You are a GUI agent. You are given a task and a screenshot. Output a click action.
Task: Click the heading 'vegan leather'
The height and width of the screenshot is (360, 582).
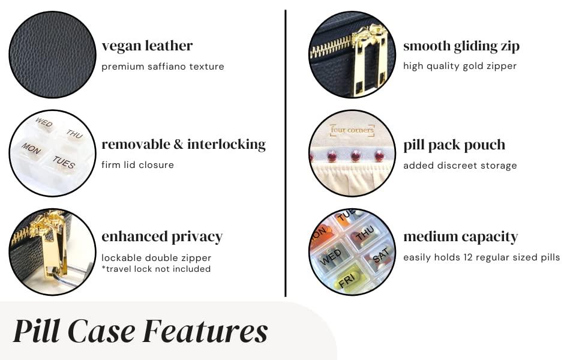pyautogui.click(x=147, y=46)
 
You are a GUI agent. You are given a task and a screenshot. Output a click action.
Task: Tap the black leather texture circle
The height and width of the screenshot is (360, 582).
pyautogui.click(x=52, y=55)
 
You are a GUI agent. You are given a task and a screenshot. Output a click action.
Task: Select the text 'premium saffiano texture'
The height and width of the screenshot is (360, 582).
pyautogui.click(x=163, y=67)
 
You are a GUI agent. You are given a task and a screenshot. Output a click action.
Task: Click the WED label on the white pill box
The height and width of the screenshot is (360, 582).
pyautogui.click(x=44, y=123)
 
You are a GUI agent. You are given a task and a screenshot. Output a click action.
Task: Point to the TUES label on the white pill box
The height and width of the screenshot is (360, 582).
pyautogui.click(x=64, y=162)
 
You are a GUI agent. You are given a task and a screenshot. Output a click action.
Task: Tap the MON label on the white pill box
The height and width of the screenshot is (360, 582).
pyautogui.click(x=31, y=148)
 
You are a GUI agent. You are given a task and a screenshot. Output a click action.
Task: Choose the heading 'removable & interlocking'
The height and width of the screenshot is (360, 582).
pyautogui.click(x=184, y=144)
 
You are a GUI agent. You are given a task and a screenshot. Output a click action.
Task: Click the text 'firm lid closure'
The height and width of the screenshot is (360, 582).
pyautogui.click(x=137, y=165)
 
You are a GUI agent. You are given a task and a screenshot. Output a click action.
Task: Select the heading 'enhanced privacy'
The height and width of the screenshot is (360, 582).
pyautogui.click(x=162, y=236)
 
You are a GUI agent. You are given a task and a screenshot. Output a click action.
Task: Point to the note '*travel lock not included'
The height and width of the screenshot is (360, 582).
pyautogui.click(x=156, y=269)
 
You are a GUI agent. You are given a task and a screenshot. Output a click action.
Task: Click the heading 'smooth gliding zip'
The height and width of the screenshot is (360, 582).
pyautogui.click(x=461, y=46)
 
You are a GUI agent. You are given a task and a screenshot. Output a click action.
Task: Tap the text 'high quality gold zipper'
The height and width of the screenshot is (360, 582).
pyautogui.click(x=460, y=66)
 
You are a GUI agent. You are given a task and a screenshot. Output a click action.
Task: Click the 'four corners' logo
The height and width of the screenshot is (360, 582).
pyautogui.click(x=352, y=130)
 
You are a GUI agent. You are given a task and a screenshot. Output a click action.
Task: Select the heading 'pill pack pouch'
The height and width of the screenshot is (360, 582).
pyautogui.click(x=454, y=145)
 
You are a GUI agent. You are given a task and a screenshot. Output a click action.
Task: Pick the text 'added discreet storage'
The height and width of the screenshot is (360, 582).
pyautogui.click(x=460, y=166)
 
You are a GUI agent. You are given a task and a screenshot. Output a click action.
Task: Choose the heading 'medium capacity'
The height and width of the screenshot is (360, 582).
pyautogui.click(x=460, y=236)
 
